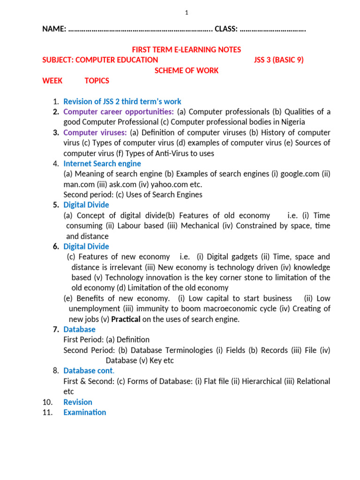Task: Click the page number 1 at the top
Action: [187, 13]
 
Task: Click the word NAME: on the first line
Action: [54, 29]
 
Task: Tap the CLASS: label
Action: [226, 29]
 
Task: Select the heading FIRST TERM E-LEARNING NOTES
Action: [187, 50]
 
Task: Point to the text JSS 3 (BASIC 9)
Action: [278, 60]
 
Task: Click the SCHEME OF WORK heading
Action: [187, 70]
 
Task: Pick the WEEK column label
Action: [52, 81]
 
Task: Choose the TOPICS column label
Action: [97, 81]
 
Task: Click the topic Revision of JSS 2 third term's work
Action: [122, 101]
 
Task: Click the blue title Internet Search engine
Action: [102, 164]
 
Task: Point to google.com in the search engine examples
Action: [298, 174]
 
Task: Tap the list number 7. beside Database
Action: [56, 330]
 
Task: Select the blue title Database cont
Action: [89, 371]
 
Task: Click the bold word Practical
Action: [125, 319]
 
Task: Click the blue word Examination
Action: [85, 412]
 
